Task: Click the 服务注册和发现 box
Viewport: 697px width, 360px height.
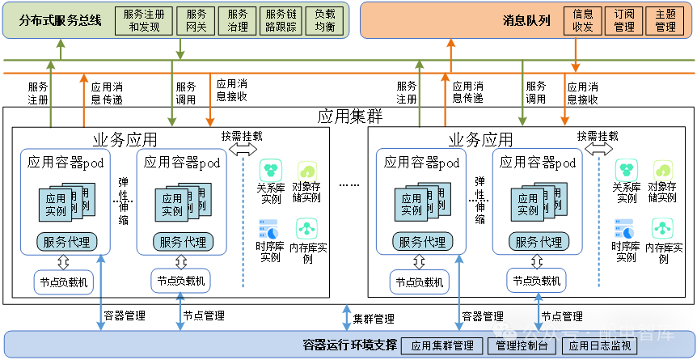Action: point(145,20)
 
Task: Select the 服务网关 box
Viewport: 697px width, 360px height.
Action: point(196,20)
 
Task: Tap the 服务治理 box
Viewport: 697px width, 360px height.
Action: point(238,20)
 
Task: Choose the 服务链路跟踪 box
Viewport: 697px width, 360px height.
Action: point(281,20)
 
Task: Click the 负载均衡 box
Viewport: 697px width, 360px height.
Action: point(324,20)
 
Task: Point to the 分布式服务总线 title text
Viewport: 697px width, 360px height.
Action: point(61,20)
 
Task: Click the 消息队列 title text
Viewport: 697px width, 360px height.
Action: point(526,20)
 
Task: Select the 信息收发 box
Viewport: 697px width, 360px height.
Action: point(582,20)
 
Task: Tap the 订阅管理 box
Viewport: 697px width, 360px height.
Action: point(623,20)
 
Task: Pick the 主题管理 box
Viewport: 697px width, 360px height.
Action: point(665,20)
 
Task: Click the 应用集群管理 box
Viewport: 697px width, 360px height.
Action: point(441,346)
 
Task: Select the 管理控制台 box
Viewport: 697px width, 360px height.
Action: point(522,346)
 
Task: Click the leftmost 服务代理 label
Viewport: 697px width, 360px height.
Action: point(65,241)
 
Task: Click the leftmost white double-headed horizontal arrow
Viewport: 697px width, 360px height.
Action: point(243,149)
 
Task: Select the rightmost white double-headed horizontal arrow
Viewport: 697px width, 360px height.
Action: point(599,149)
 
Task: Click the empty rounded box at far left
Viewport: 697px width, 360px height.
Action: point(64,282)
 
